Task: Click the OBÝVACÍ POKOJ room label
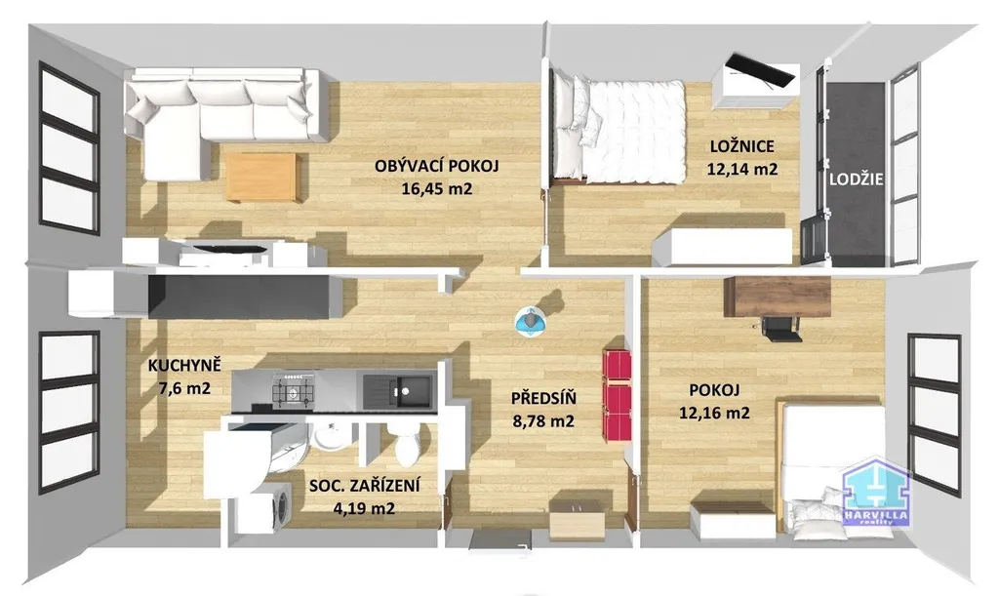pos(436,166)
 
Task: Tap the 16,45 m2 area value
pos(436,188)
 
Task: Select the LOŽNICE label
pos(742,146)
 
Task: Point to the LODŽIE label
pos(856,179)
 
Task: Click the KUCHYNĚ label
pos(184,366)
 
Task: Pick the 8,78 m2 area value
pos(543,420)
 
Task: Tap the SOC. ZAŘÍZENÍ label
pos(365,486)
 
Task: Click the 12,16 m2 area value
pos(714,413)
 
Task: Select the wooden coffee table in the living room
pos(263,177)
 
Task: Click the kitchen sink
pos(398,390)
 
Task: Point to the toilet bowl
pos(405,446)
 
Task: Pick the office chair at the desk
pos(779,328)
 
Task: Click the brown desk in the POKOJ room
pos(778,297)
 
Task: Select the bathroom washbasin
pos(328,438)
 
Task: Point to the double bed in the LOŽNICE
pos(619,131)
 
